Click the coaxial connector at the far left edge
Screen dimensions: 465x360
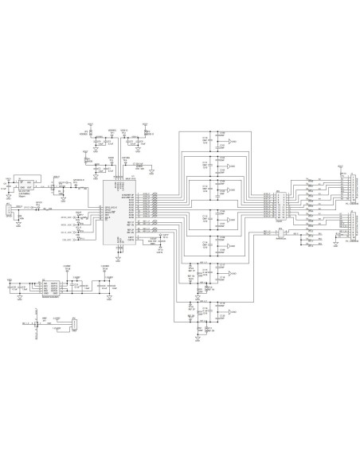pyautogui.click(x=8, y=210)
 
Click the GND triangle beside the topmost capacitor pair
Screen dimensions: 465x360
pyautogui.click(x=232, y=142)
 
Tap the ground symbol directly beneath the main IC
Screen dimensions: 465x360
pyautogui.click(x=118, y=257)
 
